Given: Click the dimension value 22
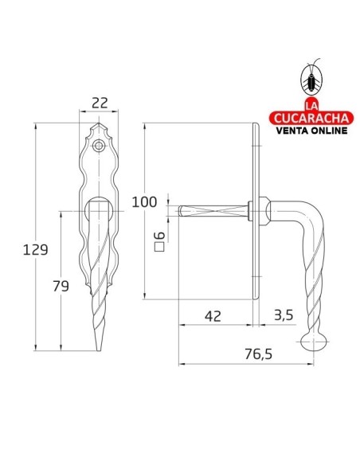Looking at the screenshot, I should coord(100,104).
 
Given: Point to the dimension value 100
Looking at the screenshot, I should coord(145,201).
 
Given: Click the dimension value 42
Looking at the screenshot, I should coord(212,315).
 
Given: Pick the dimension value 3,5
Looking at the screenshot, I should coord(283,315).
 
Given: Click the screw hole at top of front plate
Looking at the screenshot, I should coord(99,146).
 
